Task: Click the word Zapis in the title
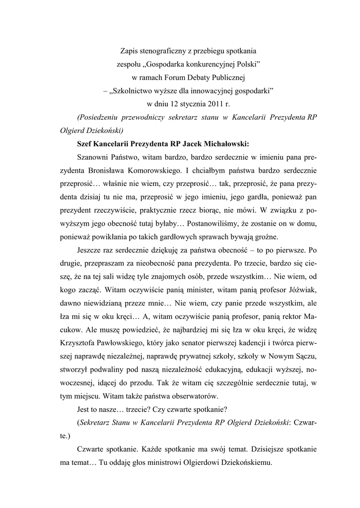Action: tap(131, 51)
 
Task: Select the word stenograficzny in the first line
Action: tap(167, 51)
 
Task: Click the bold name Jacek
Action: tap(192, 144)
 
